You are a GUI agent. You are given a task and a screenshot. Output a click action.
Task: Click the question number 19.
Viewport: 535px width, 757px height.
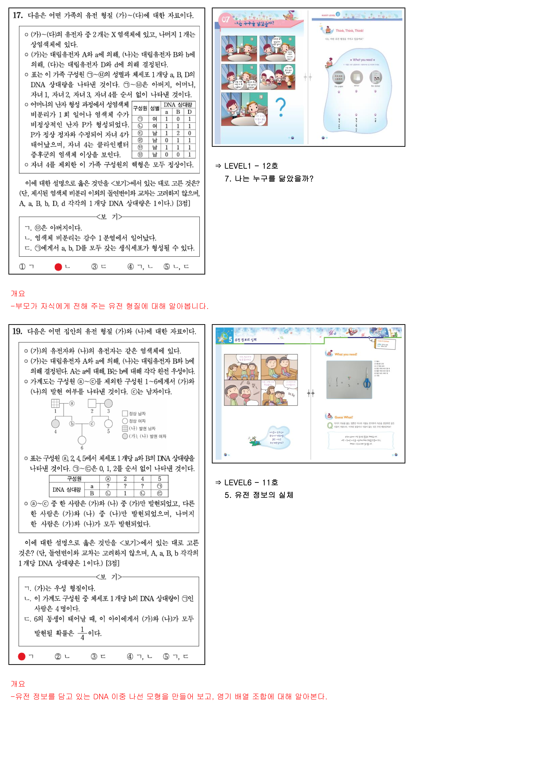17,331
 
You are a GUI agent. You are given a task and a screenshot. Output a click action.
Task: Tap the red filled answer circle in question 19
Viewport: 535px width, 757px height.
22,656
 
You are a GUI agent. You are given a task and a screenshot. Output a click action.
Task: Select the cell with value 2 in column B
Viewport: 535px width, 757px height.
178,133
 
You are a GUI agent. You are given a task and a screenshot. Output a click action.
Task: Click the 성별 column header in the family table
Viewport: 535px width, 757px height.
155,108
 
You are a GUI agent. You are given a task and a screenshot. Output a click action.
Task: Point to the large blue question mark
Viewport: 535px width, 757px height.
281,107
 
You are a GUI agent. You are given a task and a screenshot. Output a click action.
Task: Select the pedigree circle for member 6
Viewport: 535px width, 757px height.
82,440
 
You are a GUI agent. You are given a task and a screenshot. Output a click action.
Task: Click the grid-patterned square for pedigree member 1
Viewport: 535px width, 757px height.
55,403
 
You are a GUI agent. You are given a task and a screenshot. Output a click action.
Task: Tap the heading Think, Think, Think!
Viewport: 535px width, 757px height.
349,31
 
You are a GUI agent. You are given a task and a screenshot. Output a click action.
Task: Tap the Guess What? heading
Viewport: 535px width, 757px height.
343,417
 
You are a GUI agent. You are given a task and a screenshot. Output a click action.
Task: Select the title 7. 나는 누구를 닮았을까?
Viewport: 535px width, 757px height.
269,179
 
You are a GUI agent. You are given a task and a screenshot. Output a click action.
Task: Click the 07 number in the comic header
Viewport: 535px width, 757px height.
225,19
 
